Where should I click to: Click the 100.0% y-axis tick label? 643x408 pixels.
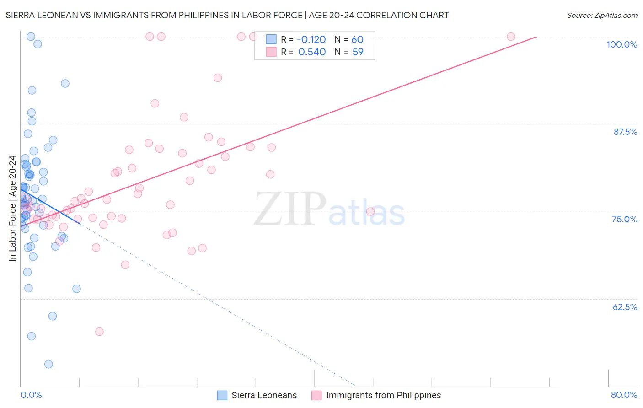pyautogui.click(x=622, y=44)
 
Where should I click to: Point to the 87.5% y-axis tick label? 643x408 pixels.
pyautogui.click(x=625, y=132)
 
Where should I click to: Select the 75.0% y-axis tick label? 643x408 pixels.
pyautogui.click(x=624, y=219)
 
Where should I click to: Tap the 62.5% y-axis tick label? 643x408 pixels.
pyautogui.click(x=625, y=307)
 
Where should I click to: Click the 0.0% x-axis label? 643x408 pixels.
pyautogui.click(x=31, y=395)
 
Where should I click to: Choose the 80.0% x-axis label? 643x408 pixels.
pyautogui.click(x=624, y=395)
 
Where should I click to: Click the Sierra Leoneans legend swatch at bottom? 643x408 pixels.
pyautogui.click(x=222, y=395)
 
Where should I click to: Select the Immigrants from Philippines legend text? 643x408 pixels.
pyautogui.click(x=383, y=395)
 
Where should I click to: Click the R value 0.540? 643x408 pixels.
pyautogui.click(x=312, y=52)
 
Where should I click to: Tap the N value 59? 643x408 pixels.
pyautogui.click(x=358, y=52)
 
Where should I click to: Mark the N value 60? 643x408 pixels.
pyautogui.click(x=357, y=39)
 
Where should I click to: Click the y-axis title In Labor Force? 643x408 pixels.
pyautogui.click(x=12, y=209)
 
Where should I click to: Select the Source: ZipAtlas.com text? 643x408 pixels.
pyautogui.click(x=602, y=15)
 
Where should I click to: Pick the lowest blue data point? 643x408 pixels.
pyautogui.click(x=48, y=364)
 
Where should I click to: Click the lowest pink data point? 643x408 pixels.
pyautogui.click(x=99, y=332)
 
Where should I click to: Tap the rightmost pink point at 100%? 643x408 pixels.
pyautogui.click(x=511, y=37)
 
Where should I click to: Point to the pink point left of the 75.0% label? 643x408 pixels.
pyautogui.click(x=370, y=211)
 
